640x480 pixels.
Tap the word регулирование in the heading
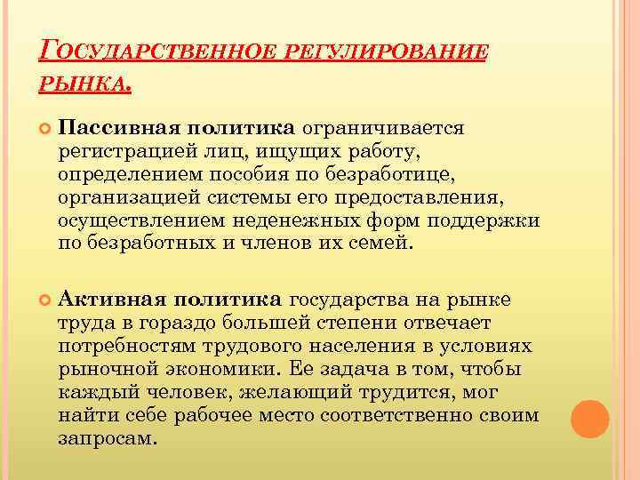[389, 54]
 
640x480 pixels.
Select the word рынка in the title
[85, 86]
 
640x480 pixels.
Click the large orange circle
[589, 418]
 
